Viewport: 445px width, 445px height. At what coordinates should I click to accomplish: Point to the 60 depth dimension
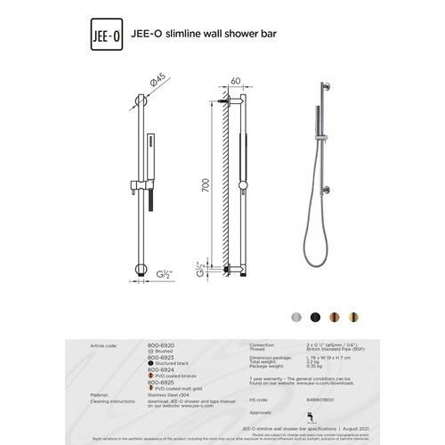point(235,79)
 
